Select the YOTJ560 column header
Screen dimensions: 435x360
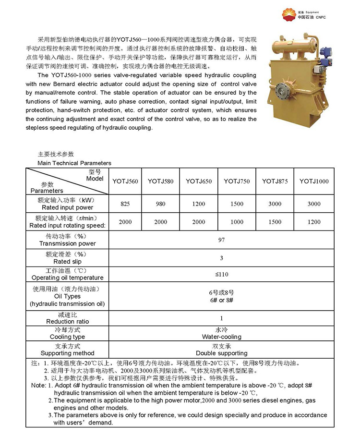[x=125, y=181]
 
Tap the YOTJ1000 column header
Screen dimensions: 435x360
[x=314, y=181]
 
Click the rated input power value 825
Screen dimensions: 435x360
[x=125, y=204]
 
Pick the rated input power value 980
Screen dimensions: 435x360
[x=160, y=204]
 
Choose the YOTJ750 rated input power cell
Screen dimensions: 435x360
[x=237, y=204]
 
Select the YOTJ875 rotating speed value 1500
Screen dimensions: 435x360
[x=275, y=222]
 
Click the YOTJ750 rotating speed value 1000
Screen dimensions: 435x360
[x=237, y=222]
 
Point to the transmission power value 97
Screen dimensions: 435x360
[x=221, y=240]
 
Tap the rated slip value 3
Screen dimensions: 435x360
[x=221, y=258]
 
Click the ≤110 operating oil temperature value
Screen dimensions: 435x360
[x=221, y=274]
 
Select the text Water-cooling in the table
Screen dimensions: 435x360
[x=221, y=337]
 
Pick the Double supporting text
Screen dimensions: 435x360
[x=221, y=353]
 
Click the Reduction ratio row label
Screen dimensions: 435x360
[x=67, y=321]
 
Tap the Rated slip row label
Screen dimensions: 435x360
[x=67, y=262]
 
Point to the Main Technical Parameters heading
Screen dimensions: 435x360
[x=74, y=163]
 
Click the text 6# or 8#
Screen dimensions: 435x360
[x=221, y=300]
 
